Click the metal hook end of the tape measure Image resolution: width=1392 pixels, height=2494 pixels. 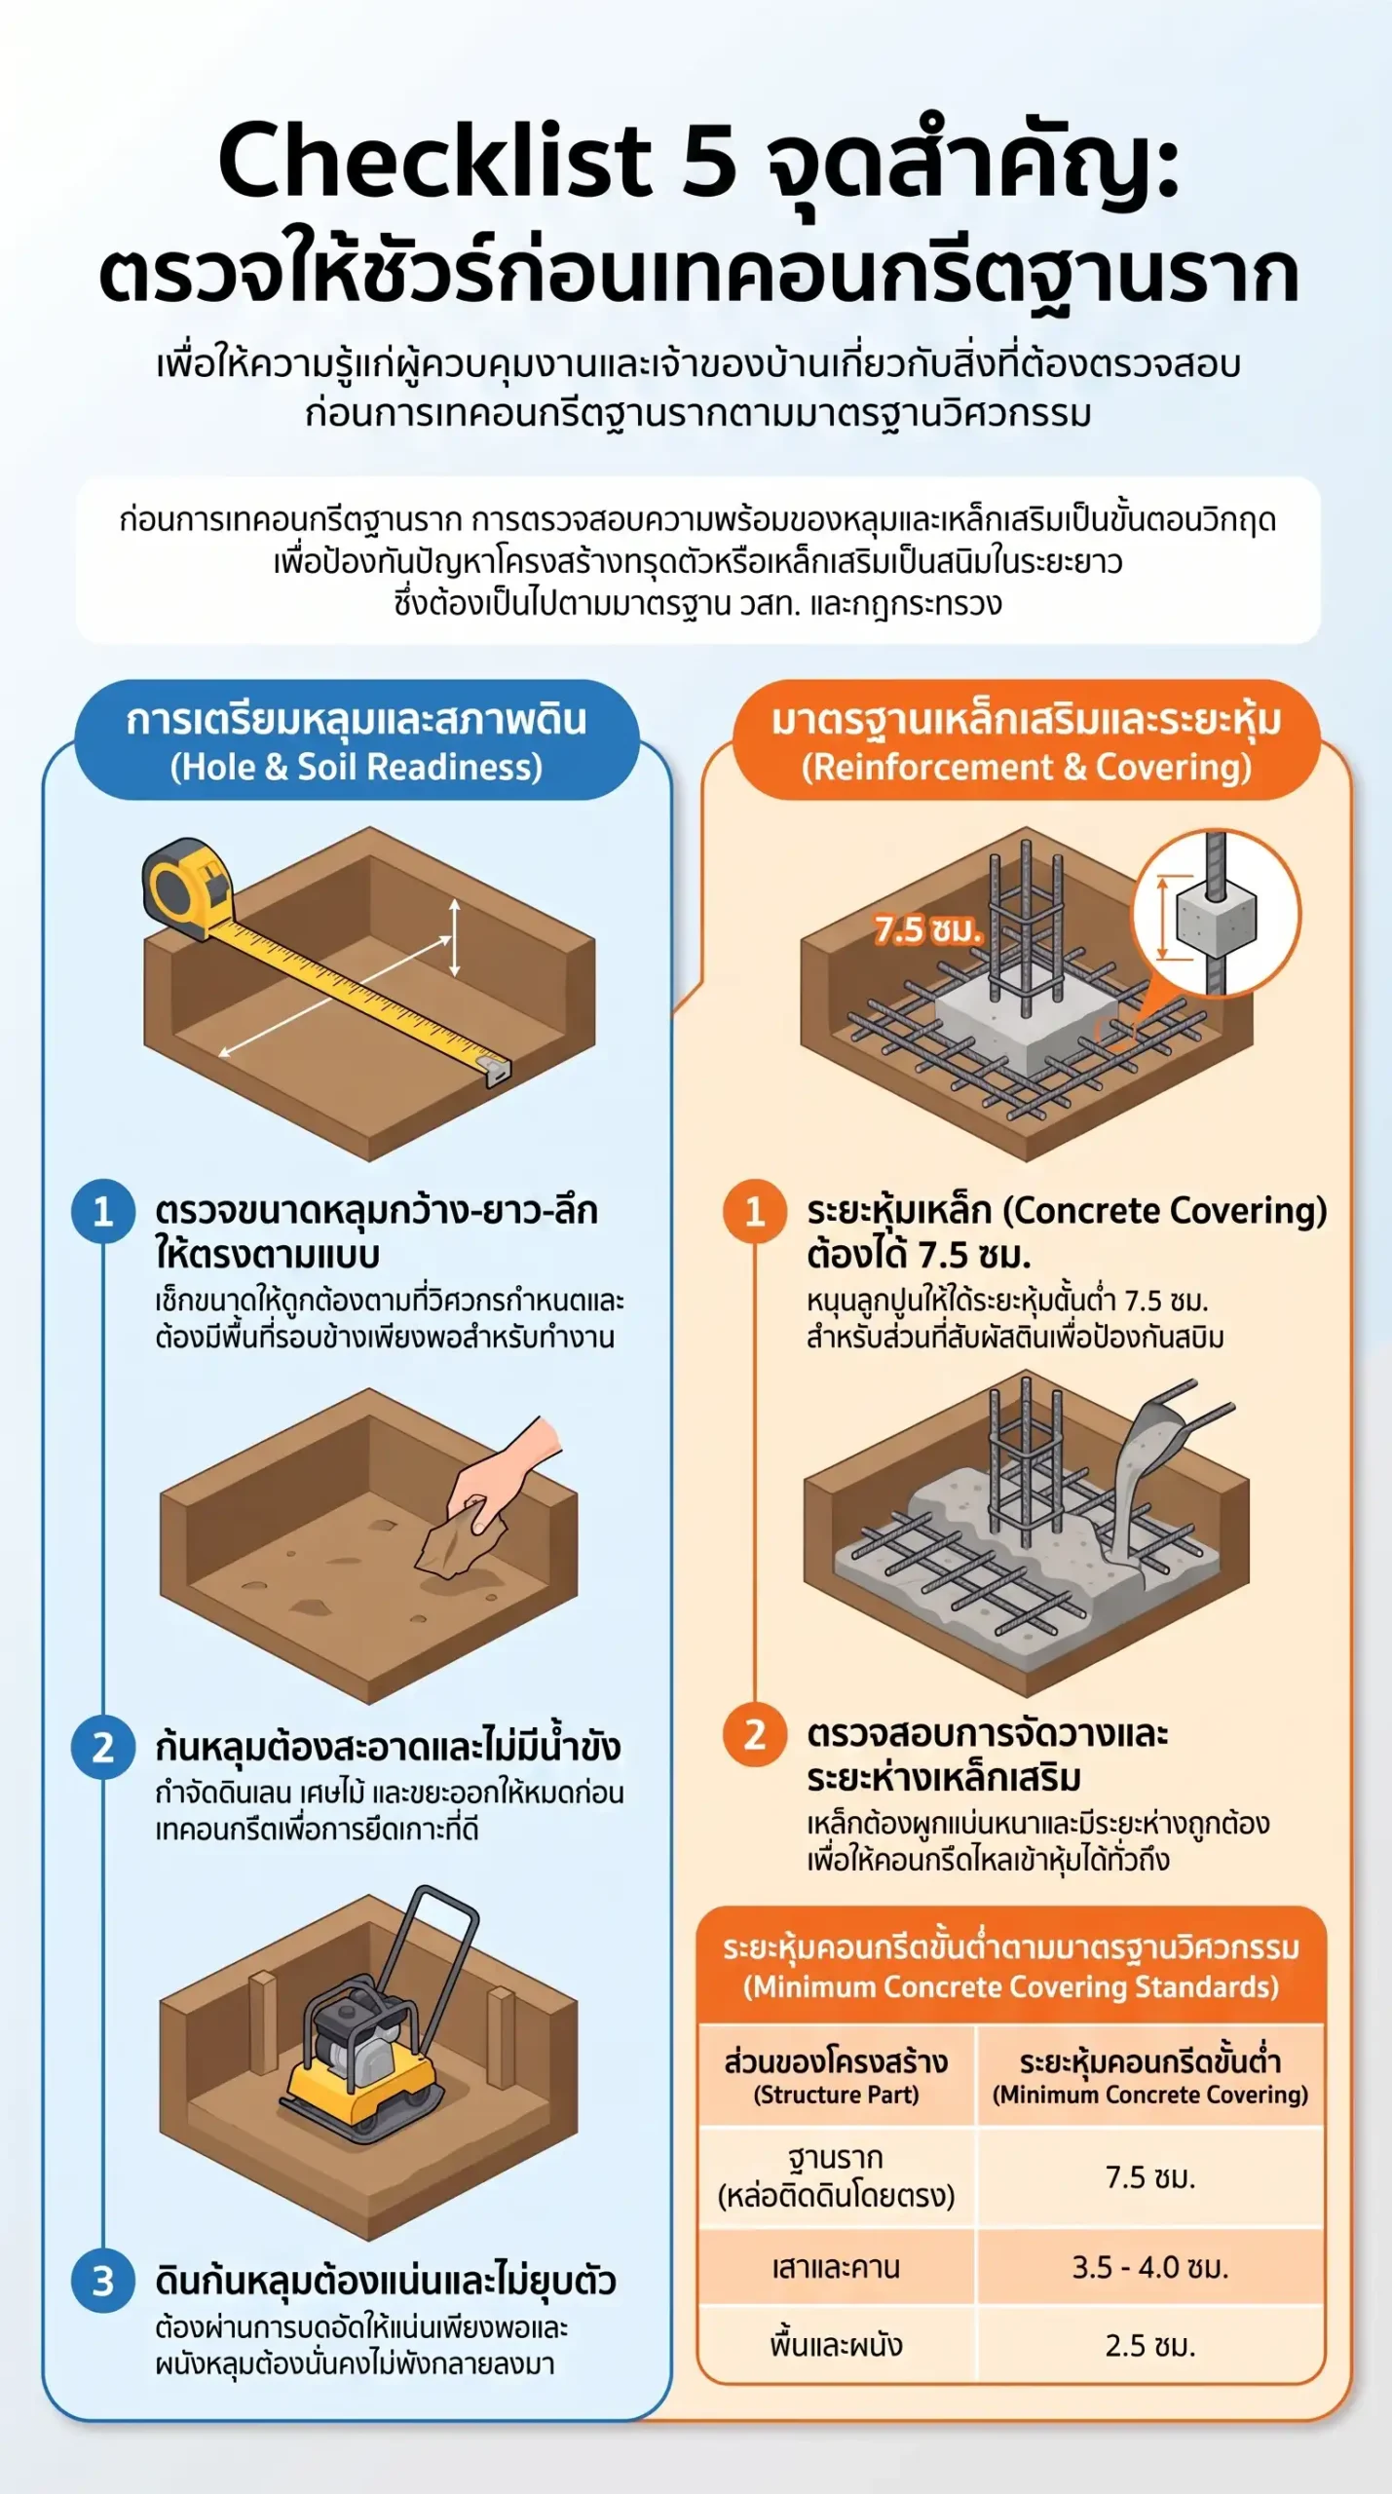pos(497,1070)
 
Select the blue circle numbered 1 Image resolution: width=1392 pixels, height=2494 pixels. pos(103,1211)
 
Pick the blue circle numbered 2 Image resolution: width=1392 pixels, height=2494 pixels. pos(103,1748)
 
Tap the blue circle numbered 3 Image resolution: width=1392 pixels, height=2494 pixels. pos(103,2282)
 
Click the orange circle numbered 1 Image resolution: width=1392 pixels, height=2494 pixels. pos(755,1211)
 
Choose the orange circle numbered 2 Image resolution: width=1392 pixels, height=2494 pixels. pos(755,1735)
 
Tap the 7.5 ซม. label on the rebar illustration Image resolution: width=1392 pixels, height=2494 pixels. pos(926,930)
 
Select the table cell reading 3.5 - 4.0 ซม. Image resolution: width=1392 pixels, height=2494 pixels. pos(1150,2267)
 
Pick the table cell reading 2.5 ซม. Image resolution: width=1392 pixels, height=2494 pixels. pos(1150,2345)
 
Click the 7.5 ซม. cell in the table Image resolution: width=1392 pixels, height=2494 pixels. pos(1150,2176)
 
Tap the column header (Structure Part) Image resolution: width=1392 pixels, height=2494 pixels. pos(836,2095)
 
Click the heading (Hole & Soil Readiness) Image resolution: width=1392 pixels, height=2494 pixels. pos(357,767)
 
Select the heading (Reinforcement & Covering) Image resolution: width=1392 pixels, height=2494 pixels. pos(1027,767)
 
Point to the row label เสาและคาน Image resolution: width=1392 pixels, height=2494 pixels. pos(836,2267)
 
